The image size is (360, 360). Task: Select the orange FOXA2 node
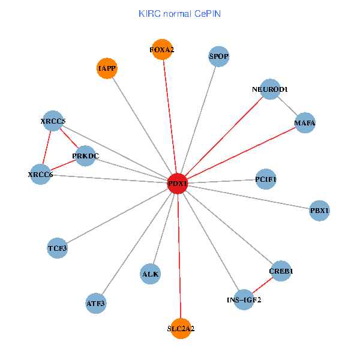tap(162, 49)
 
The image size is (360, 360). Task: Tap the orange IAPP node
tap(107, 68)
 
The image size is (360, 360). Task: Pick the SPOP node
tap(219, 57)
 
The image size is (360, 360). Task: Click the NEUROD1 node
tap(271, 89)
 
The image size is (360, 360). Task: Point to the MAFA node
tap(305, 124)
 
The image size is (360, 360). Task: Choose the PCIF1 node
tap(266, 179)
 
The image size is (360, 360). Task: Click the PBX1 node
tap(320, 211)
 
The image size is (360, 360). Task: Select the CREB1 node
tap(281, 271)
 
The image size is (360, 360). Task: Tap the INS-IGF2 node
tap(244, 299)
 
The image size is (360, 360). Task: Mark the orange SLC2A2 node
tap(181, 328)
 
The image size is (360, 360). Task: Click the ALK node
tap(150, 274)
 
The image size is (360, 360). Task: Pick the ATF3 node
tap(96, 304)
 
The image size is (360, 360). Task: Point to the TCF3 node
tap(58, 248)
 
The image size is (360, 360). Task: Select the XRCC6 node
tap(40, 175)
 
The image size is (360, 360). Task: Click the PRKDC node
tap(85, 157)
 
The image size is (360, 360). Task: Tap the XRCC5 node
tap(53, 121)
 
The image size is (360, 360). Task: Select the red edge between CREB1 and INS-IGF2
tap(262, 286)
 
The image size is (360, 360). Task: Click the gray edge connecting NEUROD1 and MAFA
tap(288, 107)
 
